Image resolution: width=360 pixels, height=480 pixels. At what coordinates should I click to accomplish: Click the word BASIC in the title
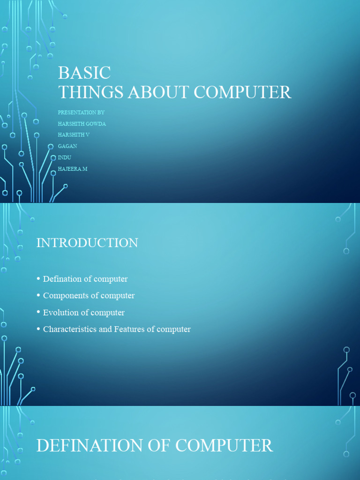tap(84, 73)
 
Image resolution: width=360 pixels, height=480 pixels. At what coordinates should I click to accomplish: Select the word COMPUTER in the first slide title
tap(242, 92)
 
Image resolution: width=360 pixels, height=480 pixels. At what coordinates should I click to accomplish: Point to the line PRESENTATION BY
tap(81, 112)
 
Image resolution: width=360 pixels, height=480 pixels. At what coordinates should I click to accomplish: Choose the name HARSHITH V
tap(74, 135)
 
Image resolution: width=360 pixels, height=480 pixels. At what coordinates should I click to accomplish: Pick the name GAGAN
tap(67, 146)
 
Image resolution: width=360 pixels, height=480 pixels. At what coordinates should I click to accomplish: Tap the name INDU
tap(65, 157)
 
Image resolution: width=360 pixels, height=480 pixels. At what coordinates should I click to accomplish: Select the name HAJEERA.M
tap(73, 169)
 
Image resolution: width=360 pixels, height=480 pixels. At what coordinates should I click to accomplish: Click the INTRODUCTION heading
tap(87, 243)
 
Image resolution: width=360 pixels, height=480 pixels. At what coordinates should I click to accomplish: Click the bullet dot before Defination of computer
tap(38, 279)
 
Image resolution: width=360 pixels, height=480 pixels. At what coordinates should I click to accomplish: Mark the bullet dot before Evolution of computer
tap(38, 313)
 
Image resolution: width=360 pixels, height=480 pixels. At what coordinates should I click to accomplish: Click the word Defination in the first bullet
tap(62, 279)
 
